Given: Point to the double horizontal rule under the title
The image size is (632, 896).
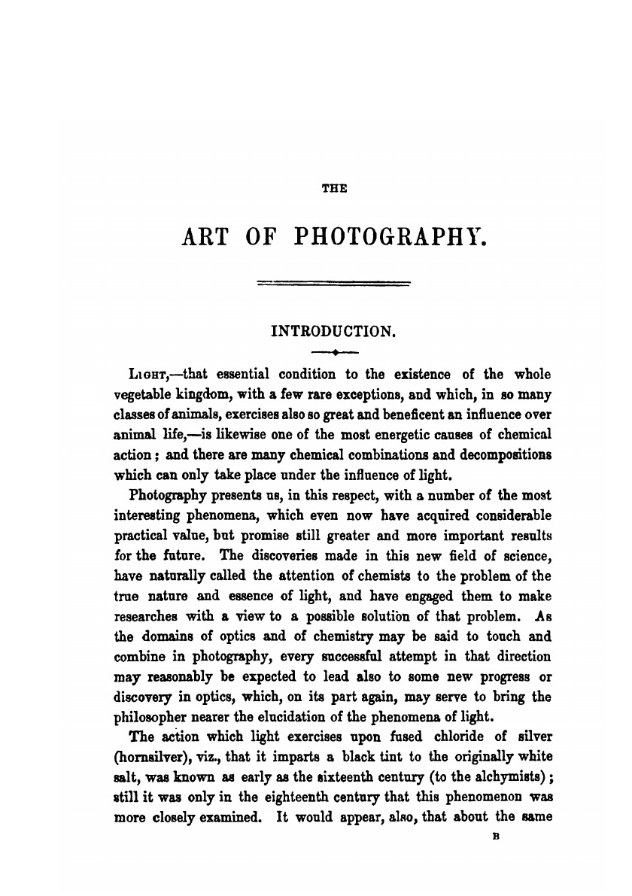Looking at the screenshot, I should [334, 284].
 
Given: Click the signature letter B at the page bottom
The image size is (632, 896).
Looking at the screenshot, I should [496, 835].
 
